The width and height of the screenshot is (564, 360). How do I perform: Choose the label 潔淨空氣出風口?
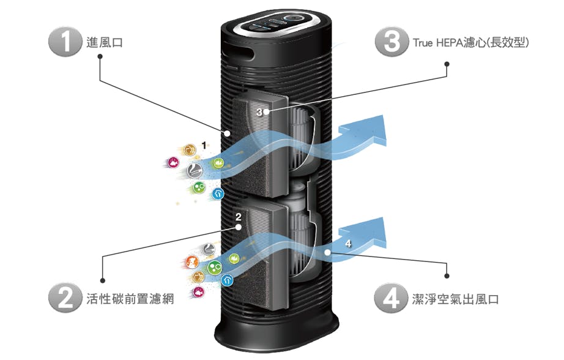click(453, 300)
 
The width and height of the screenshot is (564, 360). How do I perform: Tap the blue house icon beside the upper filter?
click(218, 194)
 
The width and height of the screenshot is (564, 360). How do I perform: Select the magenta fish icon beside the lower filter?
click(198, 293)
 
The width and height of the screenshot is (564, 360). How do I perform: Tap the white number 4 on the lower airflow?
click(348, 244)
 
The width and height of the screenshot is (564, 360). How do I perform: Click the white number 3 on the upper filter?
click(259, 112)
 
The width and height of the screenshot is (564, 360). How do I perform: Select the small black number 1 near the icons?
click(204, 145)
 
